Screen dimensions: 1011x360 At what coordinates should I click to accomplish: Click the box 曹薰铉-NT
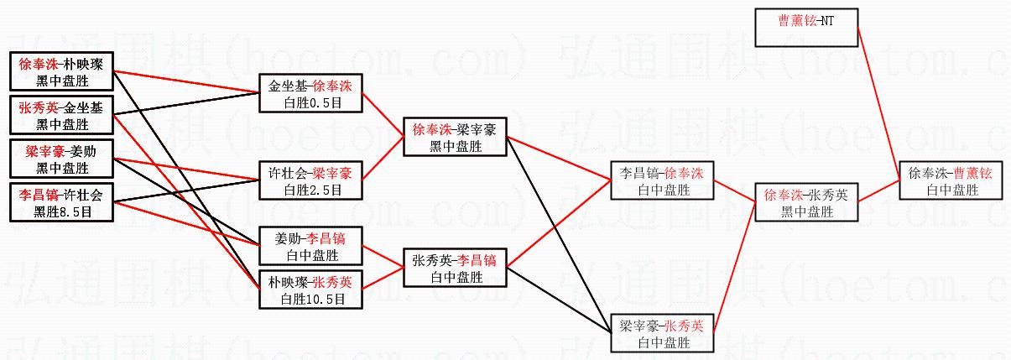pos(806,28)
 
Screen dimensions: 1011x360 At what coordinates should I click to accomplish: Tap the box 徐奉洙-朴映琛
pos(62,72)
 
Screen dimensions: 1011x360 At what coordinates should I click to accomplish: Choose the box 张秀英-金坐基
pos(62,115)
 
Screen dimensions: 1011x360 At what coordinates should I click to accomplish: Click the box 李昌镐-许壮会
pos(62,202)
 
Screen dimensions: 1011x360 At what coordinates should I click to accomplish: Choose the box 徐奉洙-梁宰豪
pos(455,138)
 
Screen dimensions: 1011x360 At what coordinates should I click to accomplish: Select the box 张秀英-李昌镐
pos(455,268)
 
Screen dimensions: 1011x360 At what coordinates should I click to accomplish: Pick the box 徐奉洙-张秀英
pos(806,202)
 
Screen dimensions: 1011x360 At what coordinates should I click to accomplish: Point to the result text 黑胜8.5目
pos(62,212)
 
